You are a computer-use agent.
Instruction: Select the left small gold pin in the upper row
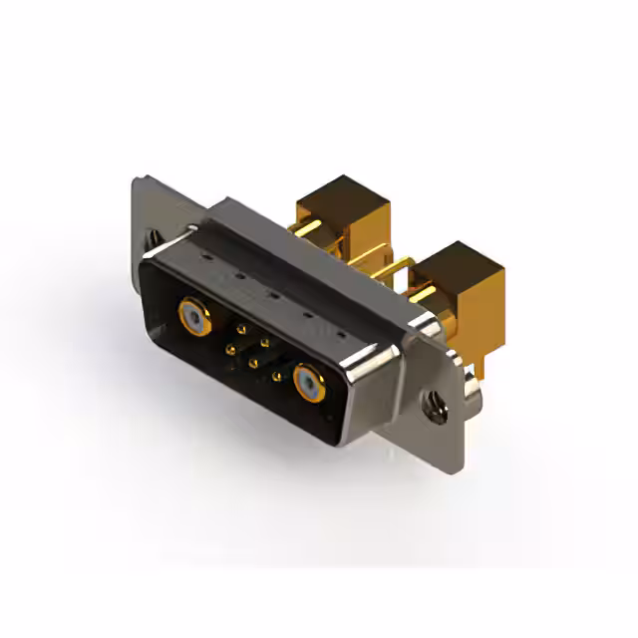pos(239,326)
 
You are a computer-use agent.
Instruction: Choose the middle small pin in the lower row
pos(253,363)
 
